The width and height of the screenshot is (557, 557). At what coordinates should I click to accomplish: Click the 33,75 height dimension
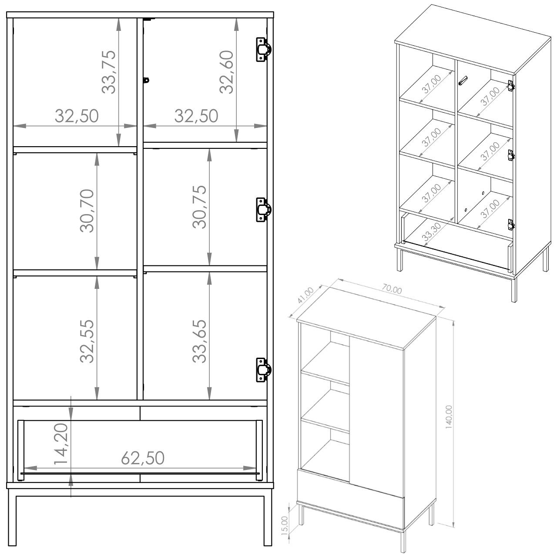(109, 72)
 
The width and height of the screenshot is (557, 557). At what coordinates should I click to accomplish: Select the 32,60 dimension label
(227, 72)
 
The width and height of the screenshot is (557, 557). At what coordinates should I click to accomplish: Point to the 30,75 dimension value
(200, 207)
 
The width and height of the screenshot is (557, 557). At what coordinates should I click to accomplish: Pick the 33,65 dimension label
(200, 341)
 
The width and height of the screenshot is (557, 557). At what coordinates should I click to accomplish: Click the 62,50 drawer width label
(143, 458)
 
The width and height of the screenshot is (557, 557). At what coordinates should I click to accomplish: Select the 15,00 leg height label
(285, 525)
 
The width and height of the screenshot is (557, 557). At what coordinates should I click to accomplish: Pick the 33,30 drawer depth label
(432, 232)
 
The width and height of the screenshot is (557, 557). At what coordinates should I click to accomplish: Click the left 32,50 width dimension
(77, 116)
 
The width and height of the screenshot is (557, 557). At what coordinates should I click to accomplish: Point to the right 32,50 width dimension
(196, 116)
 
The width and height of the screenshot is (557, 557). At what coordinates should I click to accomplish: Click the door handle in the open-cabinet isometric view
(463, 81)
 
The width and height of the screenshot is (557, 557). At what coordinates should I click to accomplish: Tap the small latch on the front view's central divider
(146, 80)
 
